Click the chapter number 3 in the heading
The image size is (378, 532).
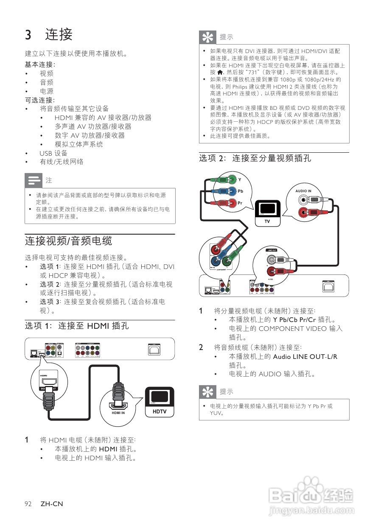tap(28, 35)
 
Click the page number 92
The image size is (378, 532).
tap(28, 504)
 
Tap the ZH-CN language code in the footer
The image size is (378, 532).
tap(52, 504)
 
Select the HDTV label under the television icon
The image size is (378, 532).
tap(160, 412)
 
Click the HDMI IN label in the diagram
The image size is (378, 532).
tap(118, 413)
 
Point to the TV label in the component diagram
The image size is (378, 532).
tap(267, 221)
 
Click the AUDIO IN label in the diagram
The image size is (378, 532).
tap(303, 191)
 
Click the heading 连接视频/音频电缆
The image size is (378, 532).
tap(68, 241)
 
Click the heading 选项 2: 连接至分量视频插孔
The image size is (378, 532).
tap(255, 158)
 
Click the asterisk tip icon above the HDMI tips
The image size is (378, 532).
tap(208, 37)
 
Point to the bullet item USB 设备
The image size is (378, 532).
tap(53, 153)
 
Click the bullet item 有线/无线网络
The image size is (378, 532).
tap(62, 162)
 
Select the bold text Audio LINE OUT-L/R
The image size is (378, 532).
tap(305, 356)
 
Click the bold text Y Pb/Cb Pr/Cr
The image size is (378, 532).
tap(294, 319)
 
